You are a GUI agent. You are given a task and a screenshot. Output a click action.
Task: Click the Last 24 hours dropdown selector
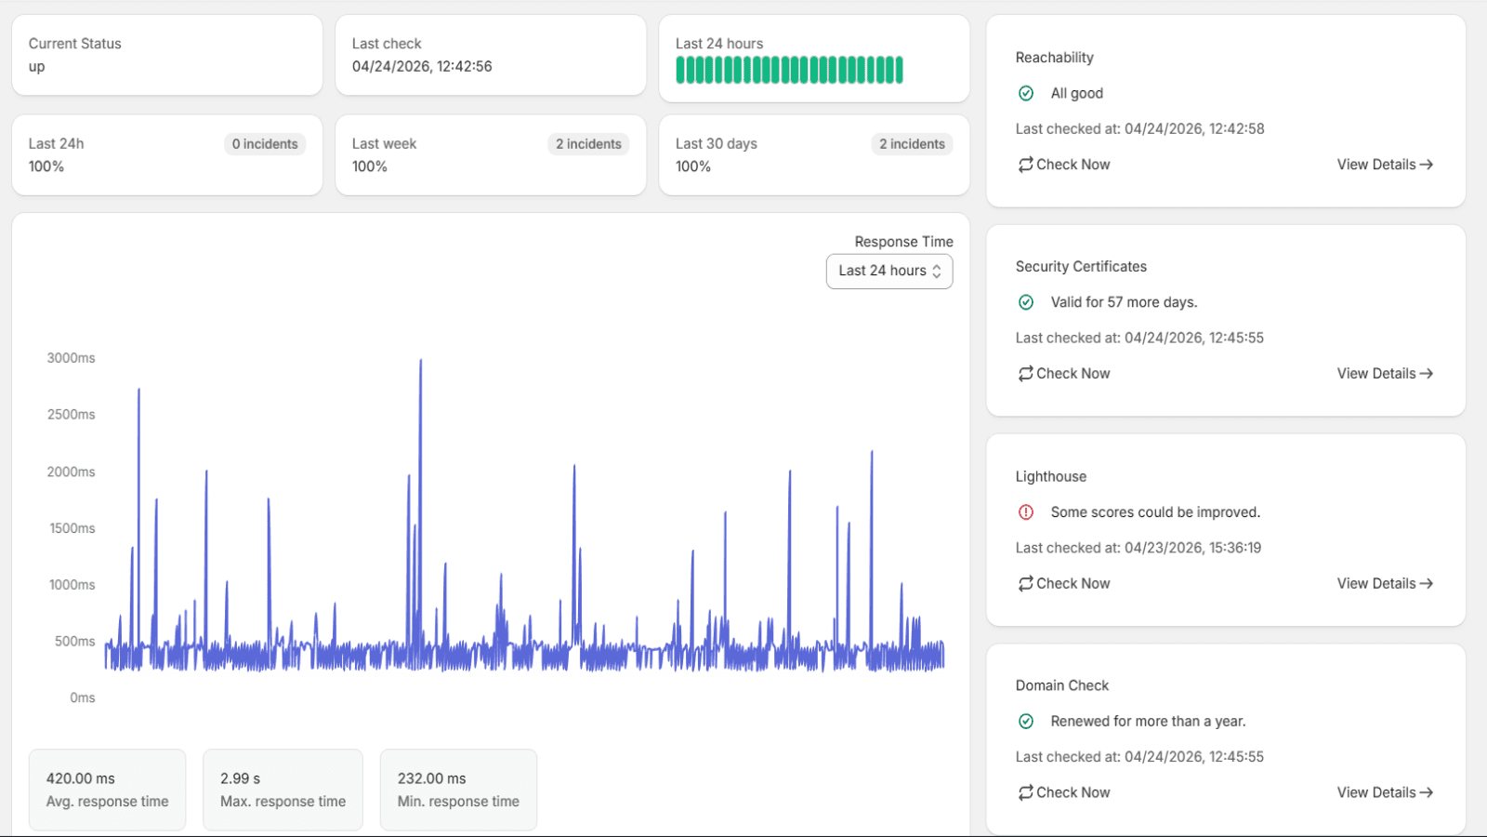pyautogui.click(x=888, y=271)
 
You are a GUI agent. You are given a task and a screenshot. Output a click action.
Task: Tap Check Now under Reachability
pyautogui.click(x=1063, y=165)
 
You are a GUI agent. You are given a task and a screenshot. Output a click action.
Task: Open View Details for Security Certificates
pyautogui.click(x=1385, y=373)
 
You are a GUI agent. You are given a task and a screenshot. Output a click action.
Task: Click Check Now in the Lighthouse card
pyautogui.click(x=1063, y=583)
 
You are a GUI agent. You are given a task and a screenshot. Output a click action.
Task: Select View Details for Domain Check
pyautogui.click(x=1385, y=792)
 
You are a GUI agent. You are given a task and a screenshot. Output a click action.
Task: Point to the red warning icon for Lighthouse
pyautogui.click(x=1026, y=512)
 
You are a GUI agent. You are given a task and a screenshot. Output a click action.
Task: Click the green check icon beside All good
pyautogui.click(x=1026, y=93)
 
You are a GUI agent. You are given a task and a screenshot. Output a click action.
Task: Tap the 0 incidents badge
pyautogui.click(x=265, y=144)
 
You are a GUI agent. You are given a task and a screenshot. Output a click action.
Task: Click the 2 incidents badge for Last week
pyautogui.click(x=588, y=144)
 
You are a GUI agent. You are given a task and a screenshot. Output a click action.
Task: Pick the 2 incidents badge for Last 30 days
pyautogui.click(x=912, y=144)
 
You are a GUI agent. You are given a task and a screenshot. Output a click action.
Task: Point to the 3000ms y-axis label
pyautogui.click(x=71, y=358)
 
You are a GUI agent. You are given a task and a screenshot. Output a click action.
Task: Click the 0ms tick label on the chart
pyautogui.click(x=83, y=698)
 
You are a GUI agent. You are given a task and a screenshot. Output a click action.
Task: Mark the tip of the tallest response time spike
pyautogui.click(x=420, y=360)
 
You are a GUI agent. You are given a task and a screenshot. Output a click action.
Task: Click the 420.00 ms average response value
pyautogui.click(x=80, y=778)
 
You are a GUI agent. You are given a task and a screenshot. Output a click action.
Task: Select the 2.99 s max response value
pyautogui.click(x=241, y=778)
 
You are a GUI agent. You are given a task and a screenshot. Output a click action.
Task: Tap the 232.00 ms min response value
pyautogui.click(x=431, y=778)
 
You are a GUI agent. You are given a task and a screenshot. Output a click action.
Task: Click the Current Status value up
pyautogui.click(x=36, y=67)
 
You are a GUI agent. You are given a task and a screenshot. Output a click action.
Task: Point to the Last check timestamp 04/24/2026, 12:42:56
pyautogui.click(x=422, y=66)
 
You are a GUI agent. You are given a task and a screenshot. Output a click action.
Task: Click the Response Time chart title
pyautogui.click(x=903, y=242)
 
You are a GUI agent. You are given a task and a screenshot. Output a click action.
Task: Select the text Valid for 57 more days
pyautogui.click(x=1124, y=302)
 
